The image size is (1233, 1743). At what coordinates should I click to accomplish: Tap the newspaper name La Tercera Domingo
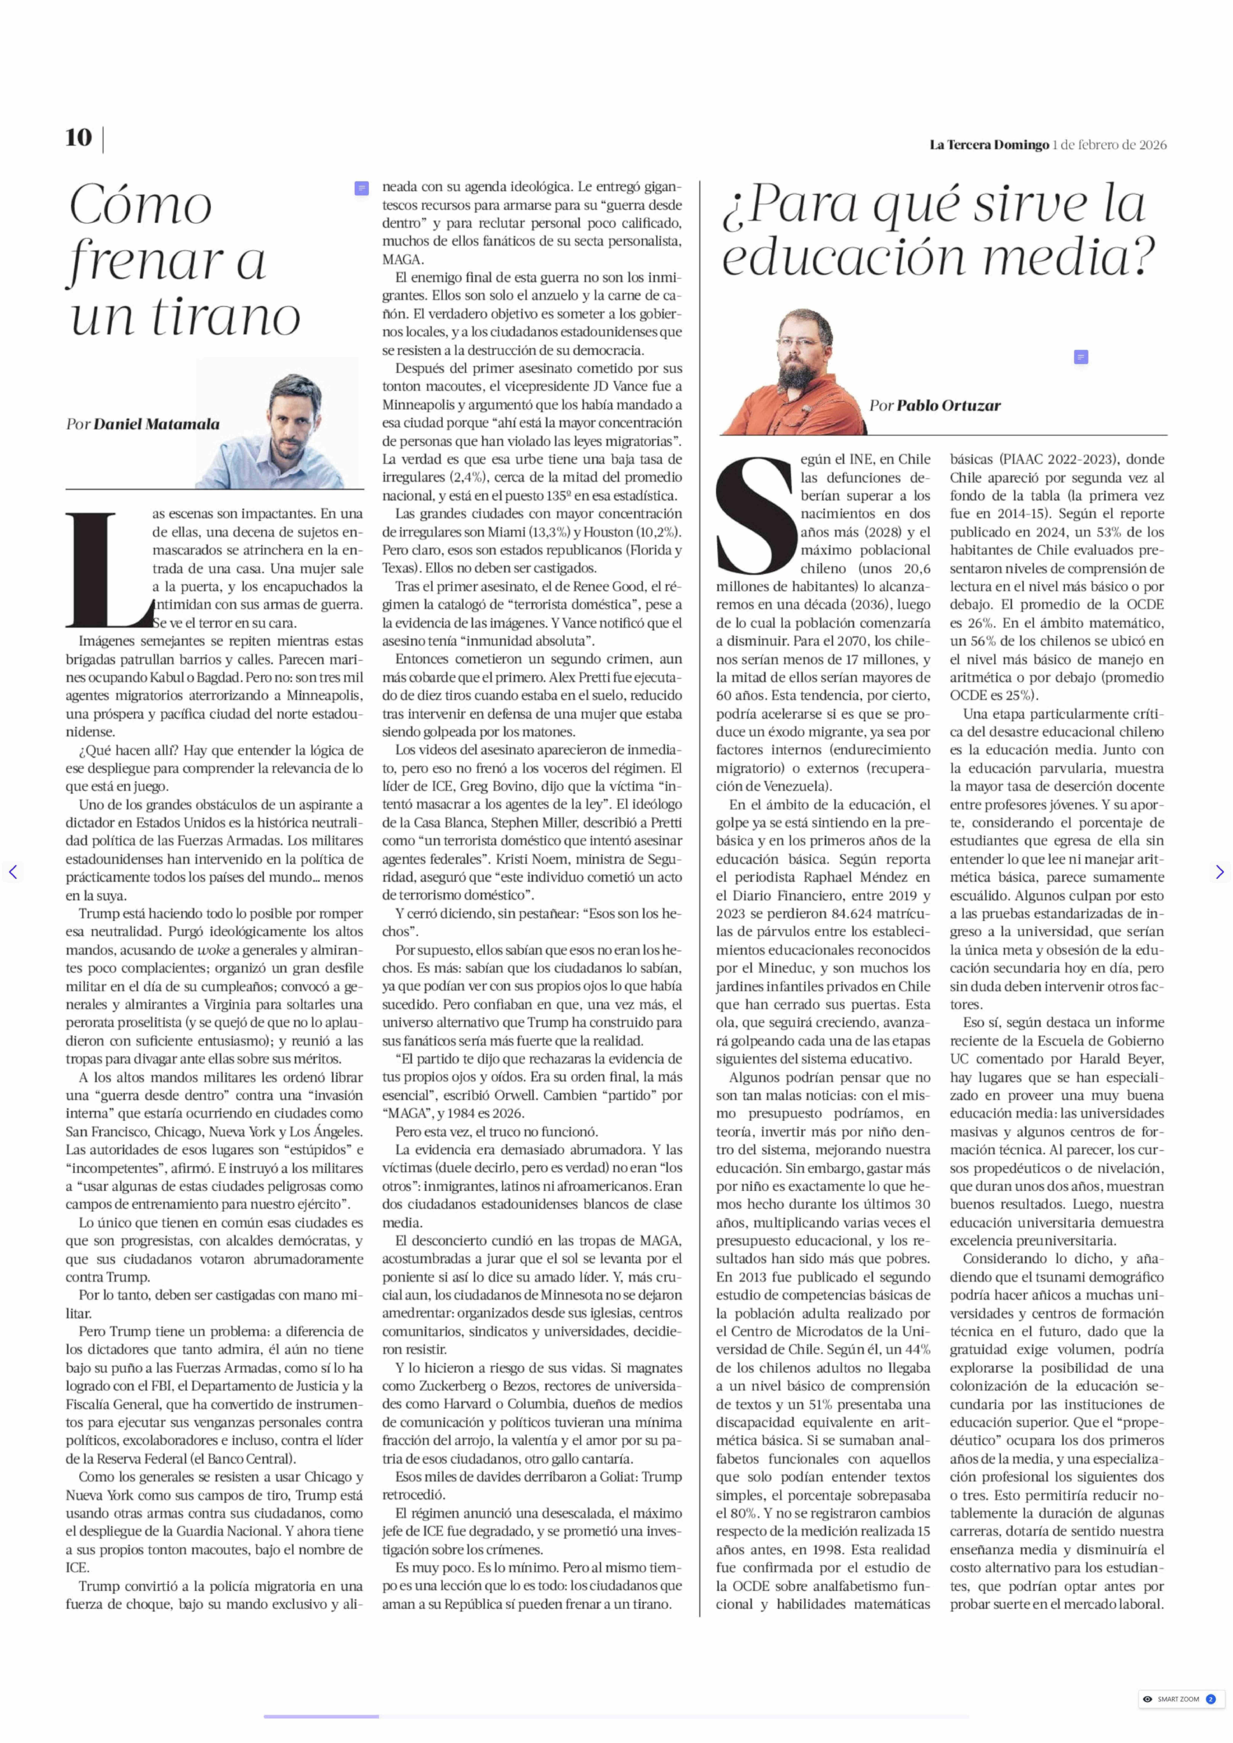pos(988,145)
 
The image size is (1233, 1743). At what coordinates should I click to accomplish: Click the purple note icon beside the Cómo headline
pos(361,188)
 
